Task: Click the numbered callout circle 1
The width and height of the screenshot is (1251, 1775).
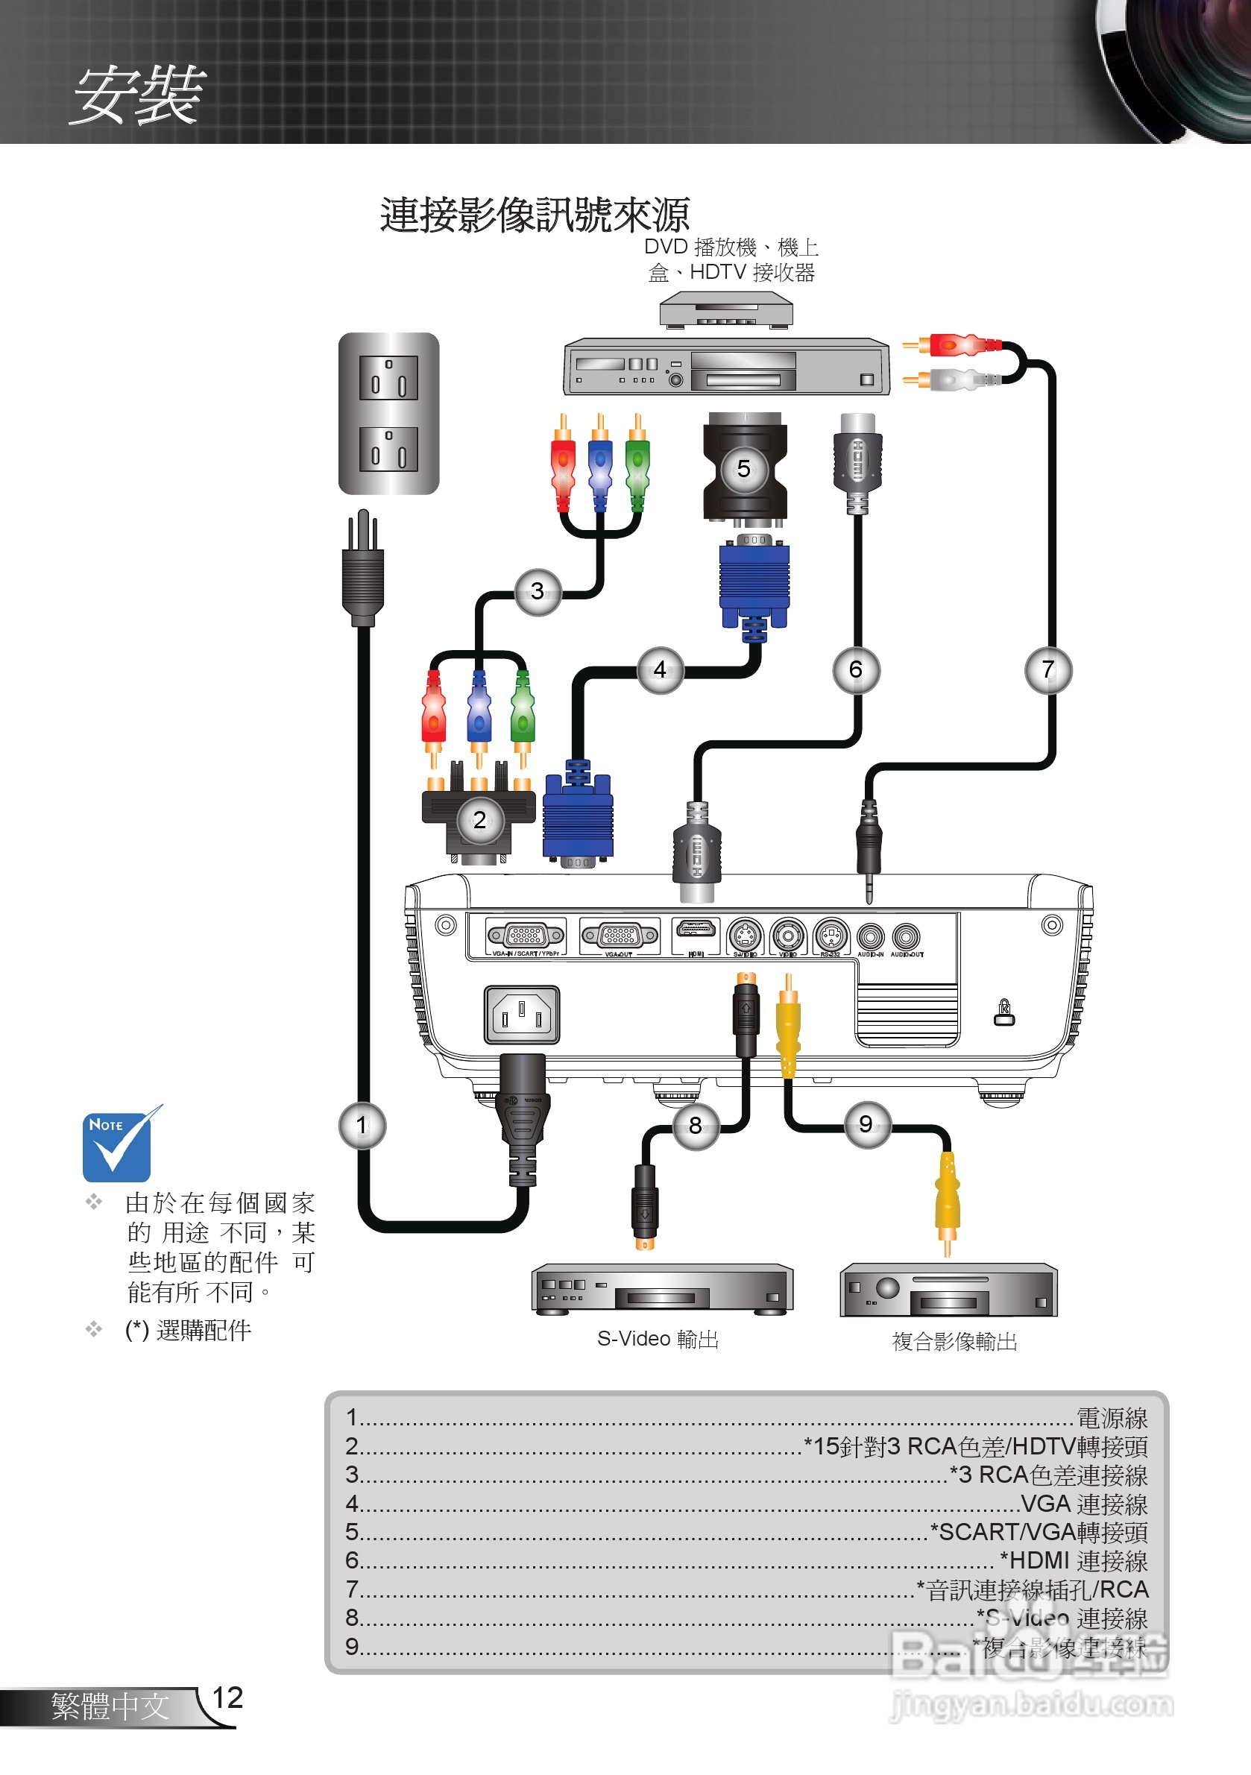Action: pos(362,1125)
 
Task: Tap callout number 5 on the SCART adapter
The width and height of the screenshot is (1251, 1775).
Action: pos(744,468)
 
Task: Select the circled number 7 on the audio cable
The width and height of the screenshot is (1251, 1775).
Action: pos(1047,669)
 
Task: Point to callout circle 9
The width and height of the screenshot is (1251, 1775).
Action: pos(866,1124)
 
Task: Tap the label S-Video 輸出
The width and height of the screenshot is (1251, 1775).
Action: pos(658,1339)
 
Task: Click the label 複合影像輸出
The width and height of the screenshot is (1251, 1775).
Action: pos(954,1341)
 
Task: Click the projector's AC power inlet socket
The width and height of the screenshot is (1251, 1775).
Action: pos(522,1015)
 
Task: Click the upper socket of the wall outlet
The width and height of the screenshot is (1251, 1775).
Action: pos(388,378)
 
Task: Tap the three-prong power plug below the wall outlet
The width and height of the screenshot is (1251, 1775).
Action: pos(363,568)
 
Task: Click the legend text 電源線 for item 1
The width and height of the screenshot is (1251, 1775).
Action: pos(1112,1418)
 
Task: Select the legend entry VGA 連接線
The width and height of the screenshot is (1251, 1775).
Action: pos(1084,1504)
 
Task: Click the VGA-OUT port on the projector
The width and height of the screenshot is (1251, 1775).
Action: pos(620,936)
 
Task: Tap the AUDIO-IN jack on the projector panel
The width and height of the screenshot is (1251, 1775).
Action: pos(871,937)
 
